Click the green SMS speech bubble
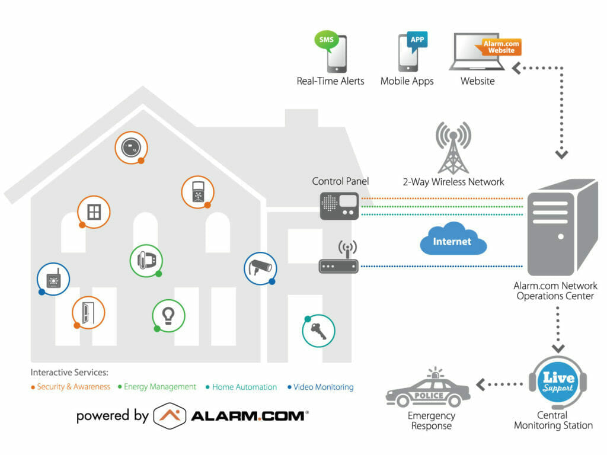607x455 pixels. [326, 40]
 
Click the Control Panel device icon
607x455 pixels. [339, 206]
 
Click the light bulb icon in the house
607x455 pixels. [168, 316]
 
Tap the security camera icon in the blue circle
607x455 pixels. [261, 268]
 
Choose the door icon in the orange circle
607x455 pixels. [88, 313]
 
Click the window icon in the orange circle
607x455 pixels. [94, 212]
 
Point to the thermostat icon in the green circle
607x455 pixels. [146, 261]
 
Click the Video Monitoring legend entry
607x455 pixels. [321, 387]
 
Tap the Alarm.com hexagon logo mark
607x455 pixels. [170, 416]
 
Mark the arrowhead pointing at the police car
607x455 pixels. [480, 384]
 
